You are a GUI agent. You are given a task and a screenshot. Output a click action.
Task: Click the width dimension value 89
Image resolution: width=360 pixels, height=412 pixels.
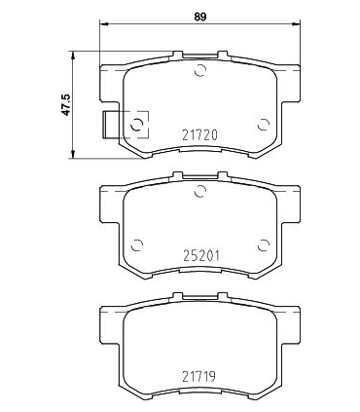tap(199, 16)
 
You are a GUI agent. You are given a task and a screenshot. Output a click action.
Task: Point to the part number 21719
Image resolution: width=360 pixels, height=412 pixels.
tap(199, 373)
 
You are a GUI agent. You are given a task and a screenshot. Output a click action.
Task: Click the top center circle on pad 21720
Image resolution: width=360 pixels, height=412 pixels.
tap(200, 69)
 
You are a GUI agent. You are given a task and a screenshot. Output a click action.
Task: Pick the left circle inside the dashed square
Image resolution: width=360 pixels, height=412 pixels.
tap(137, 123)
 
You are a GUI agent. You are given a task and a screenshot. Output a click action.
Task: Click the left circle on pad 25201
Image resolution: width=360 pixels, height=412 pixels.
tap(137, 243)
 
